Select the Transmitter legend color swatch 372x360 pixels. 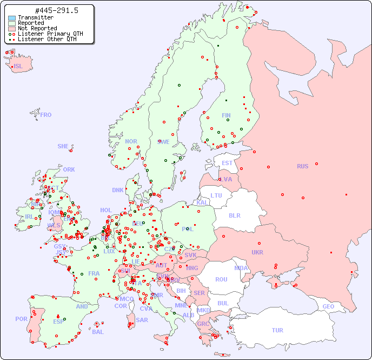[x=12, y=18]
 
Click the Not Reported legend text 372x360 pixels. [x=37, y=28]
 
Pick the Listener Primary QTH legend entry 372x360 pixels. [x=50, y=34]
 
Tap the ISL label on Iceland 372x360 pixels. [x=18, y=67]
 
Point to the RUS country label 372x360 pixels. [x=302, y=166]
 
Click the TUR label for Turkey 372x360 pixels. [x=277, y=330]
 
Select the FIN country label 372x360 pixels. [x=226, y=115]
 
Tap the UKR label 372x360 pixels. [x=257, y=252]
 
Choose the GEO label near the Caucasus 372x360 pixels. [x=328, y=306]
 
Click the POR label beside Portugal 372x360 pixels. [x=21, y=319]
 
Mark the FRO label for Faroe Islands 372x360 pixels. [x=46, y=115]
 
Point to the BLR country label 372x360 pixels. [x=234, y=215]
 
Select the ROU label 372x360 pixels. [x=221, y=279]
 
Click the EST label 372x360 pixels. [x=227, y=163]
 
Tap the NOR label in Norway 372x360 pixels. [x=131, y=141]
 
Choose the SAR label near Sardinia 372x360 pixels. [x=142, y=320]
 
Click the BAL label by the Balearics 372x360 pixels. [x=97, y=332]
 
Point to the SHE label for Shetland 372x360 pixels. [x=63, y=146]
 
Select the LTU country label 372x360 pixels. [x=216, y=195]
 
